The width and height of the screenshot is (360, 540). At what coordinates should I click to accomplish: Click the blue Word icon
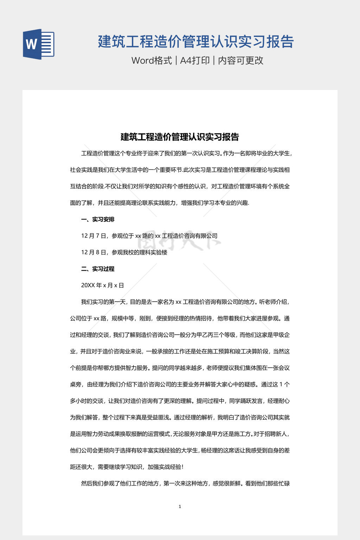[x=38, y=44]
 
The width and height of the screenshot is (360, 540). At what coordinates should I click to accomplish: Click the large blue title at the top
[x=196, y=41]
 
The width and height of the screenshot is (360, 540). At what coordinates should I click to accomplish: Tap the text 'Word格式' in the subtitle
[x=152, y=60]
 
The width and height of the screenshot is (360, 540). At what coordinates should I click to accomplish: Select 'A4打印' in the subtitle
[x=195, y=60]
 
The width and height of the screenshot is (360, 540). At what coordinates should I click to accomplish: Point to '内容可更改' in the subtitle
[x=240, y=60]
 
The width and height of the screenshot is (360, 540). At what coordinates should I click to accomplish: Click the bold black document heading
[x=180, y=137]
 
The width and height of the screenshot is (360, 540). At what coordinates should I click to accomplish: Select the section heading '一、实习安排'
[x=98, y=219]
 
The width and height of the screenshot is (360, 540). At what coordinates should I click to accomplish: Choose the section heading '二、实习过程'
[x=98, y=269]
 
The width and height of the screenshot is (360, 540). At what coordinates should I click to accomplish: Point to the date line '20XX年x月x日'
[x=102, y=285]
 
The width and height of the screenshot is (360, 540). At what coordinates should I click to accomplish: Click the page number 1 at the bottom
[x=180, y=507]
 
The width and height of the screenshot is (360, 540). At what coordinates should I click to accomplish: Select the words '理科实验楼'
[x=153, y=252]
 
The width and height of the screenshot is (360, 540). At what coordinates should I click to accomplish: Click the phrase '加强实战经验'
[x=165, y=467]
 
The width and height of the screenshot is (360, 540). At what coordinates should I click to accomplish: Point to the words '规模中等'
[x=123, y=319]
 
